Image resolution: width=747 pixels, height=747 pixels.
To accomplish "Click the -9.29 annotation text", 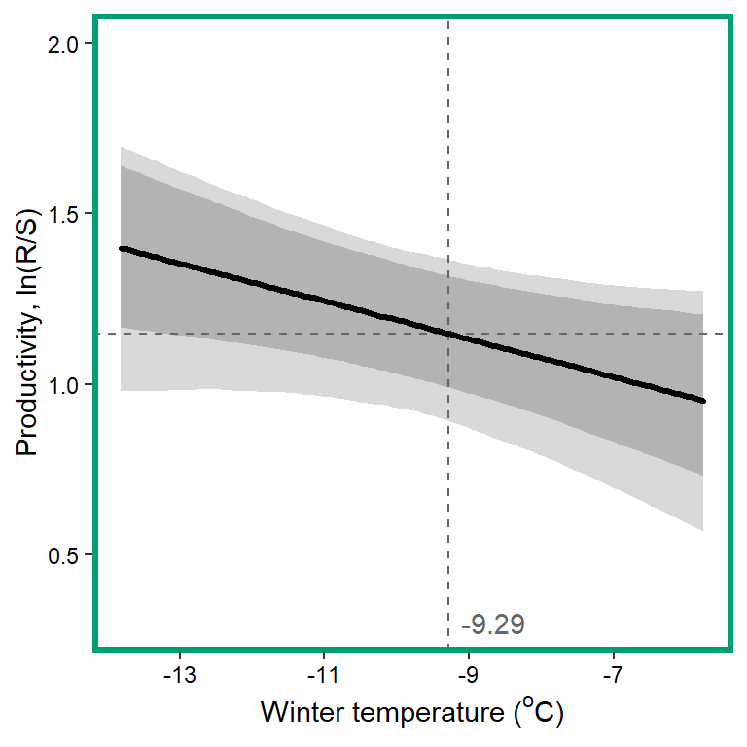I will tap(493, 624).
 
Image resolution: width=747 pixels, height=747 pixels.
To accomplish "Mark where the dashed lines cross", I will tap(448, 334).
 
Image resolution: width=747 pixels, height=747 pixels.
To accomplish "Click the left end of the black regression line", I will tap(122, 249).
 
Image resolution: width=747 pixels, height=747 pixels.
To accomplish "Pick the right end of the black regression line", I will tap(702, 401).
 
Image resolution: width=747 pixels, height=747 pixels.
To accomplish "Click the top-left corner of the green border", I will tap(95, 17).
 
